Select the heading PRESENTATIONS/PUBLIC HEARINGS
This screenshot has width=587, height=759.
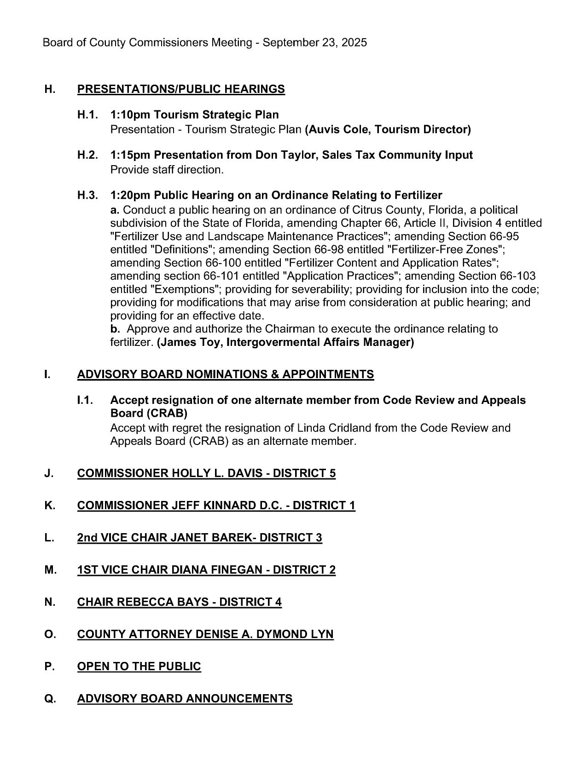point(181,89)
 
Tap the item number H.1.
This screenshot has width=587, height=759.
point(87,115)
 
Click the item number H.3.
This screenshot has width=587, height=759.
point(87,195)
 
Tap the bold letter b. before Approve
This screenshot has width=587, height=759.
point(115,329)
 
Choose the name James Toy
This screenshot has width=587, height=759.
point(186,343)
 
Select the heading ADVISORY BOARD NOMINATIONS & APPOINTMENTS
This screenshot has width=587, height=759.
point(226,374)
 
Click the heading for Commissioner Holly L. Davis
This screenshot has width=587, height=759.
point(206,474)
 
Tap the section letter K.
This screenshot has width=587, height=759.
point(50,506)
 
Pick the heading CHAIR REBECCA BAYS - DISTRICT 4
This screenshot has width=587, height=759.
point(180,603)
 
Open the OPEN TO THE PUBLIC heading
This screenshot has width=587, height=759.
point(139,667)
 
